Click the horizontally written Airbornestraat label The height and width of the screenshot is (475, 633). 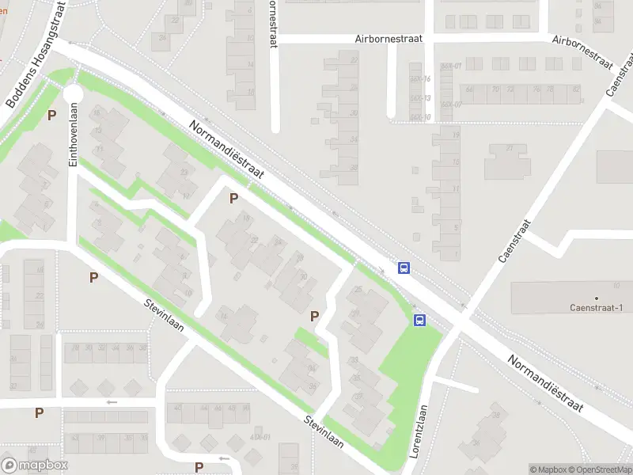click(x=389, y=38)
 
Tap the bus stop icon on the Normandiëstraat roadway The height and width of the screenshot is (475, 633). click(x=404, y=268)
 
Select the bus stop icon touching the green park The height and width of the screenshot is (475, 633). click(x=419, y=321)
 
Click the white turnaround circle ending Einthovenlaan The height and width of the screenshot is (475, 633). click(x=73, y=94)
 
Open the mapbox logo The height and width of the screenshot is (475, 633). click(x=35, y=465)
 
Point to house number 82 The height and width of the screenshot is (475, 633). click(x=575, y=89)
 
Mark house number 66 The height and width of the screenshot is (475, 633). click(x=470, y=89)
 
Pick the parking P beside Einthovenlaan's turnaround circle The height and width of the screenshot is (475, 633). click(x=52, y=116)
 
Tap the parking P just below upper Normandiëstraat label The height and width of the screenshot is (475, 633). click(x=233, y=198)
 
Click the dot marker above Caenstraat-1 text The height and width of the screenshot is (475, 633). click(x=596, y=297)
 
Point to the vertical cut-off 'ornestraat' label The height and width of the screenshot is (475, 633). click(x=273, y=24)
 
